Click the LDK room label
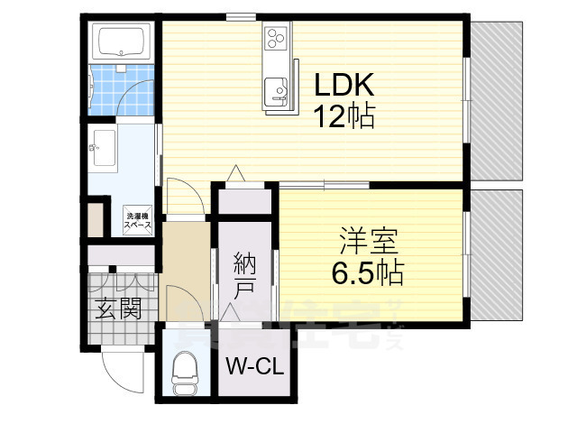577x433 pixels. (344, 87)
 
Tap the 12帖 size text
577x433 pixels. (344, 116)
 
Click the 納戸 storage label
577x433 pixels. (244, 276)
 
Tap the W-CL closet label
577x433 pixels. (254, 366)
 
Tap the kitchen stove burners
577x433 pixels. (275, 38)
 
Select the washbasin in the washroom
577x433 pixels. (102, 146)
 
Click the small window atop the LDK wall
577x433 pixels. (238, 16)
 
